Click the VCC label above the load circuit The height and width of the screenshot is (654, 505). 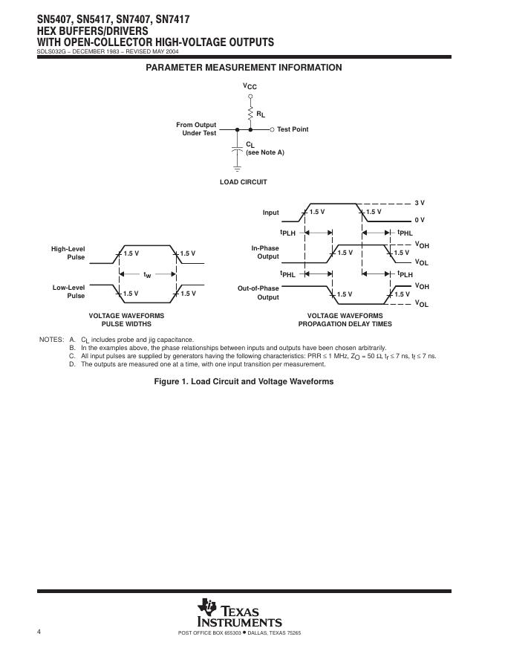click(250, 87)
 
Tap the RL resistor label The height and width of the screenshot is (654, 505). click(261, 114)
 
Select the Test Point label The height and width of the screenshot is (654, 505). click(293, 129)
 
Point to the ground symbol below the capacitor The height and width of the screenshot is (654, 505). click(238, 169)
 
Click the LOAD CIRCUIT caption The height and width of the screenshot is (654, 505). click(243, 182)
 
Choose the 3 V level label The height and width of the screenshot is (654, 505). click(420, 203)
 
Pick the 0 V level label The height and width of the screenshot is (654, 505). click(420, 220)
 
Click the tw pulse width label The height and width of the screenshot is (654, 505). click(147, 274)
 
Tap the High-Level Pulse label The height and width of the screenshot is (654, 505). click(68, 253)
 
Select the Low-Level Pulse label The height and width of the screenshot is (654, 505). click(68, 291)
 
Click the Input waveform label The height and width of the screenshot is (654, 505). click(270, 213)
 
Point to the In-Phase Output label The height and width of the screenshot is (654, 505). click(265, 253)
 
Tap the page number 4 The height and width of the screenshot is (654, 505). click(38, 632)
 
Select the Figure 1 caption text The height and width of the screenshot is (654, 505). click(244, 381)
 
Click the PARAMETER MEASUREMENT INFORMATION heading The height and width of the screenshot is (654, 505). click(244, 68)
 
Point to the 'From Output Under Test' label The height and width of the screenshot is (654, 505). click(196, 129)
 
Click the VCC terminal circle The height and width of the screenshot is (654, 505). click(250, 97)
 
